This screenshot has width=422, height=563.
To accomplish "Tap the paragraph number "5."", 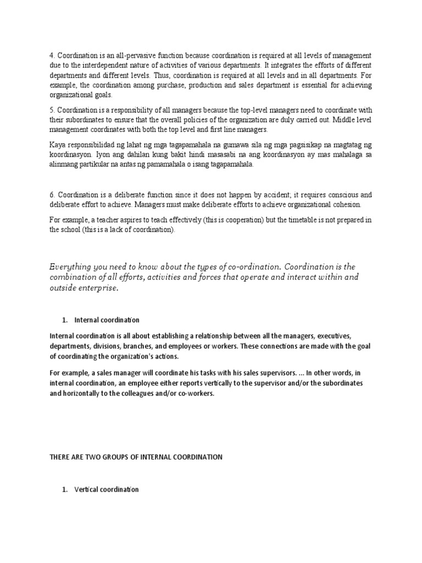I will point(52,110).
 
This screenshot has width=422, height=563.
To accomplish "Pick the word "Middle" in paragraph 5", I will point(332,120).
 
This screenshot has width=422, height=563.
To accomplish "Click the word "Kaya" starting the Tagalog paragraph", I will point(58,145).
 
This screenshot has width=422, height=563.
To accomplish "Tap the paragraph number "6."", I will point(52,195).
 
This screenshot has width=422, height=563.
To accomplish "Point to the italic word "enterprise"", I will point(98,289).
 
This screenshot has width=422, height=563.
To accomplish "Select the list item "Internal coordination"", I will point(107,320).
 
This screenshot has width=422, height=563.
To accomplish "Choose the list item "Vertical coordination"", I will point(106,489).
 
